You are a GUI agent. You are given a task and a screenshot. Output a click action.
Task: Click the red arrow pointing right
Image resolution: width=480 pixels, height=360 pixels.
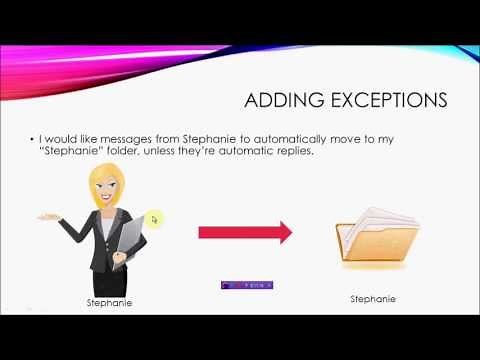point(244,233)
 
